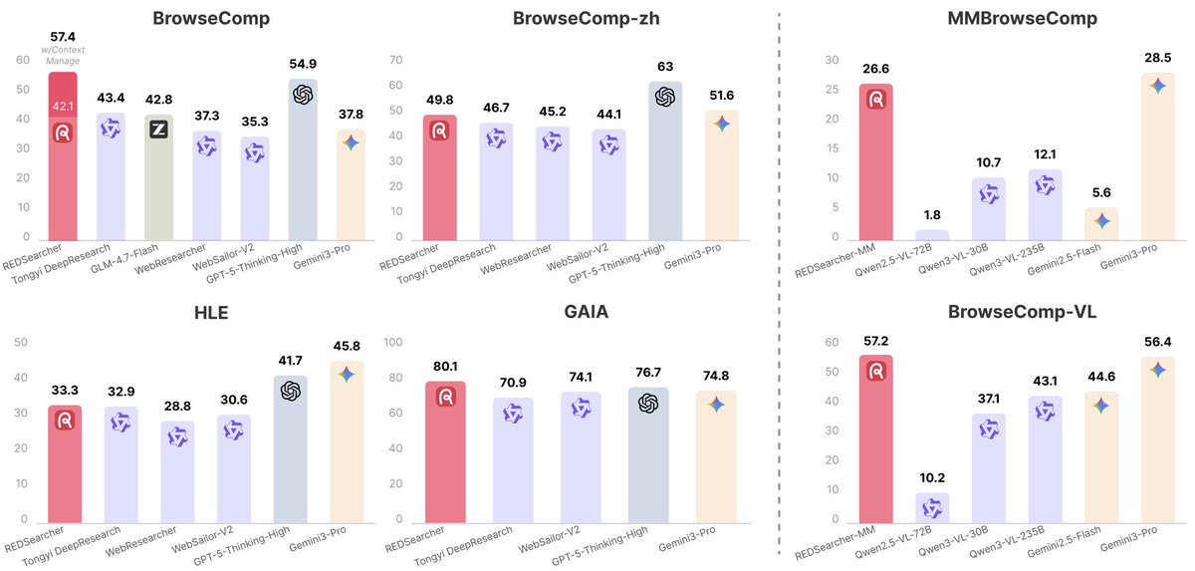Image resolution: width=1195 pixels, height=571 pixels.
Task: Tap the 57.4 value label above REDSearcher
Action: [63, 37]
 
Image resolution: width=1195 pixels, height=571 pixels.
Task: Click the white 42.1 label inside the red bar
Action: [63, 107]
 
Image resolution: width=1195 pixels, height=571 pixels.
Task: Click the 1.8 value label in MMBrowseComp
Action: [932, 214]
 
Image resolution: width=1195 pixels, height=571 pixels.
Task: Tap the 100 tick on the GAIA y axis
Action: [392, 343]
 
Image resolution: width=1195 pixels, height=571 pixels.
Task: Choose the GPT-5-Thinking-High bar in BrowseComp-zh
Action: [665, 159]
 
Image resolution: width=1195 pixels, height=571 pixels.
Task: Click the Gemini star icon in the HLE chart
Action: [346, 374]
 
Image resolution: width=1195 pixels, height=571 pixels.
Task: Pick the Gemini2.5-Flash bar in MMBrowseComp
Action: [1100, 224]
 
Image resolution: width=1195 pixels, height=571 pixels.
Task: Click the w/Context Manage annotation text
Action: [63, 56]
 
